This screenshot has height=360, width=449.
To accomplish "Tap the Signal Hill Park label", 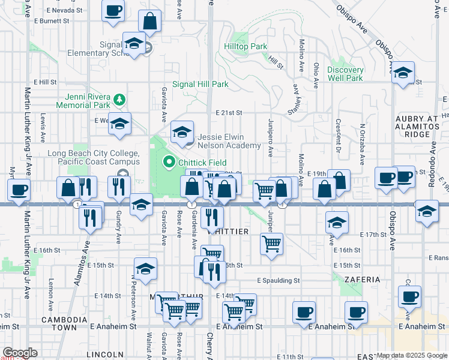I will pyautogui.click(x=200, y=85).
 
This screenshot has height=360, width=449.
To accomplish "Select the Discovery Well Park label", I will pyautogui.click(x=345, y=74).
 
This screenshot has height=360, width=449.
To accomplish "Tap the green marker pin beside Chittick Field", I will pyautogui.click(x=169, y=162).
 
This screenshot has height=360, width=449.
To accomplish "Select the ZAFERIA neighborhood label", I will pyautogui.click(x=363, y=280).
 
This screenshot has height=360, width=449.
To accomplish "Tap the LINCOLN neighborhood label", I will pyautogui.click(x=104, y=355).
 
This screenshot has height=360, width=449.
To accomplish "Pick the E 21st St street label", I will pyautogui.click(x=228, y=112).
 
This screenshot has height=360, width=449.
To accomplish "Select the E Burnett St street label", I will pyautogui.click(x=52, y=20).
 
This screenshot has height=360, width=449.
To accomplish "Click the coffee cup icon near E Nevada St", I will pyautogui.click(x=113, y=10).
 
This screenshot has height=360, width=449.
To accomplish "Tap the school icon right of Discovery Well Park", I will pyautogui.click(x=403, y=73).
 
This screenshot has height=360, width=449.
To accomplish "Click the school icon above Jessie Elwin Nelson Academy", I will pyautogui.click(x=182, y=130).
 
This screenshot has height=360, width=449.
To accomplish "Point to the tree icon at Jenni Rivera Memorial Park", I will pyautogui.click(x=120, y=98).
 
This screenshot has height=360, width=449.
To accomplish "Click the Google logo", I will pyautogui.click(x=20, y=353).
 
